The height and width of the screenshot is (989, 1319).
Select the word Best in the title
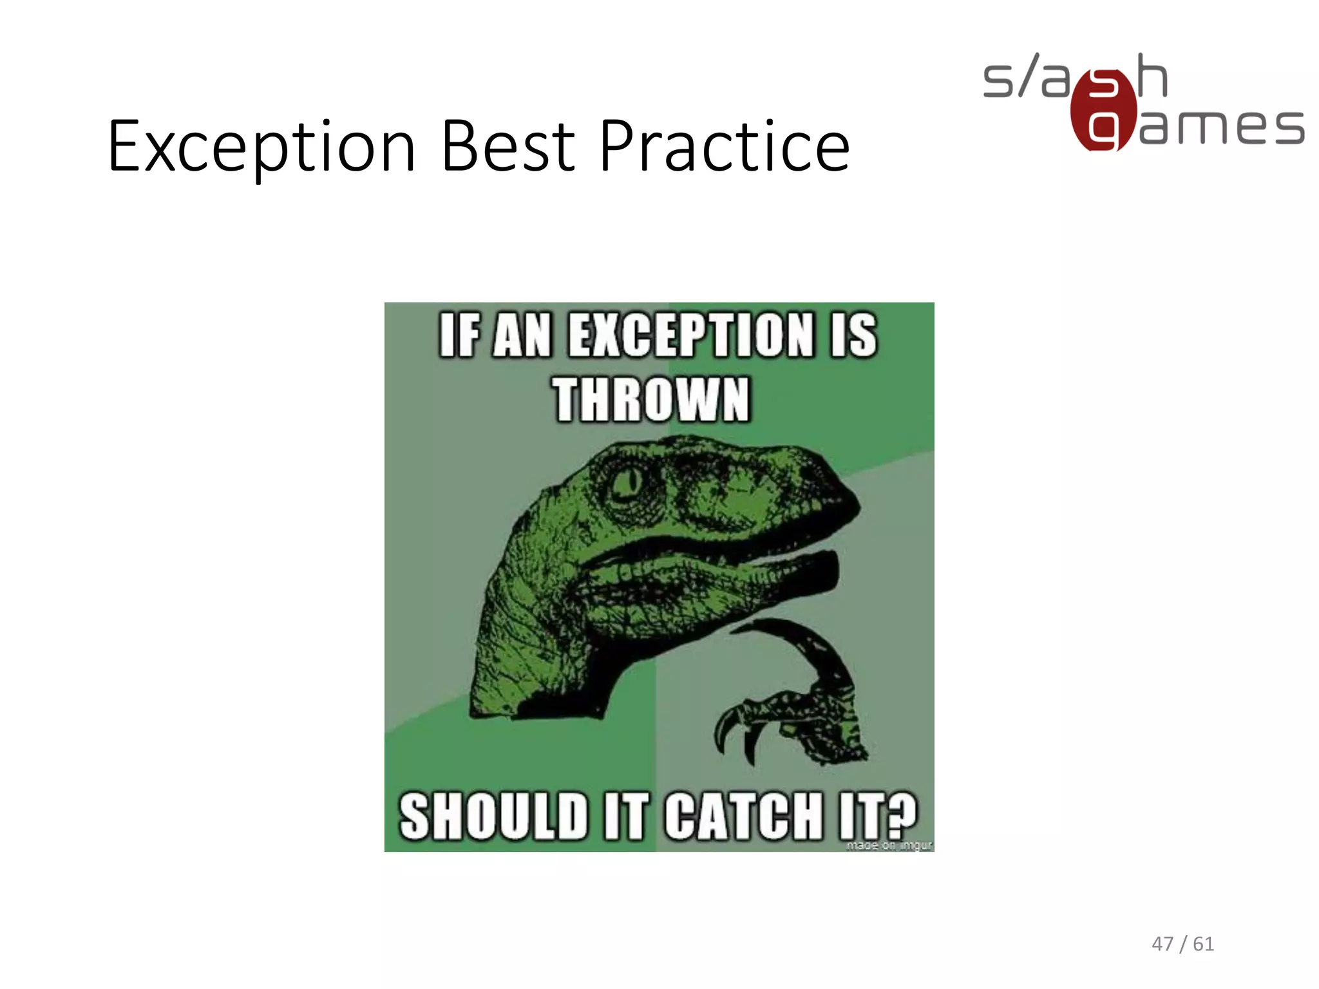click(508, 147)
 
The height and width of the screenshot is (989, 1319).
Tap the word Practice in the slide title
click(725, 147)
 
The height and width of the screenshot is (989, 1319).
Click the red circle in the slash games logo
click(1103, 110)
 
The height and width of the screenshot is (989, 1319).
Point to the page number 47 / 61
click(1182, 944)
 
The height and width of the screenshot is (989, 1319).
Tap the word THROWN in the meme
click(651, 400)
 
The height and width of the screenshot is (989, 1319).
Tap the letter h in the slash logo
click(1152, 76)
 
